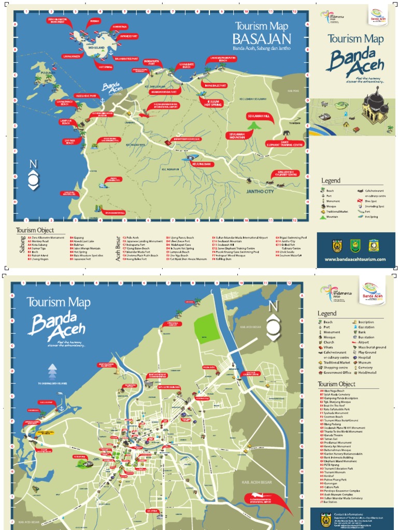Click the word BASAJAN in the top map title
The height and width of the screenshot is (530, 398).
point(261,39)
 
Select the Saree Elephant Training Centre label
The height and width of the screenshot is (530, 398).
point(285,143)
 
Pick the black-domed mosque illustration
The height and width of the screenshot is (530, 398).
point(375,107)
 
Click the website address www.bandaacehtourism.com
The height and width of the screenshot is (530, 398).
point(355,259)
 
